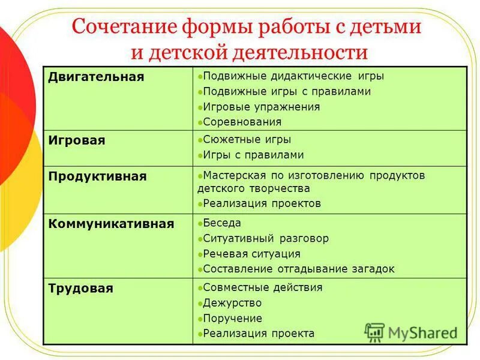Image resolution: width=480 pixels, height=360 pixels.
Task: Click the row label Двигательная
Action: click(96, 77)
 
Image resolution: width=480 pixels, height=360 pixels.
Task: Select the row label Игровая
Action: click(77, 140)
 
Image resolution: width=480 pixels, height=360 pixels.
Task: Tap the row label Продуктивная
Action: click(97, 176)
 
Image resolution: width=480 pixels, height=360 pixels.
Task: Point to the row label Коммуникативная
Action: click(111, 224)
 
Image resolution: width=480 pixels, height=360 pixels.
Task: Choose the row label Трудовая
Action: click(80, 289)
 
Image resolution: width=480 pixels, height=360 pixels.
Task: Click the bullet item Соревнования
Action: click(242, 122)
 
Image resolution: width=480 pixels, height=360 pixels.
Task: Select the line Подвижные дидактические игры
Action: click(293, 76)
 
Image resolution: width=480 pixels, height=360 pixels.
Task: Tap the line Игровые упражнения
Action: click(261, 107)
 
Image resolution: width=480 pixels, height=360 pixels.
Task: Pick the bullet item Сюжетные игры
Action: click(247, 139)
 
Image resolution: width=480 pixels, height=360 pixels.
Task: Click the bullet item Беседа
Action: click(222, 223)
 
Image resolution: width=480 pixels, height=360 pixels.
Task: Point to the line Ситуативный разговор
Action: click(266, 238)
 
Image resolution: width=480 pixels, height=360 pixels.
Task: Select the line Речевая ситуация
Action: click(251, 254)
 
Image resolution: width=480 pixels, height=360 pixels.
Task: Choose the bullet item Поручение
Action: click(233, 319)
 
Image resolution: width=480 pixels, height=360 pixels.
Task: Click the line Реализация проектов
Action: click(262, 203)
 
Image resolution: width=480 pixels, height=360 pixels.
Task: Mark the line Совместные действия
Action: click(263, 287)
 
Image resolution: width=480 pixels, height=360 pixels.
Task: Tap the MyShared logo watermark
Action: click(411, 332)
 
